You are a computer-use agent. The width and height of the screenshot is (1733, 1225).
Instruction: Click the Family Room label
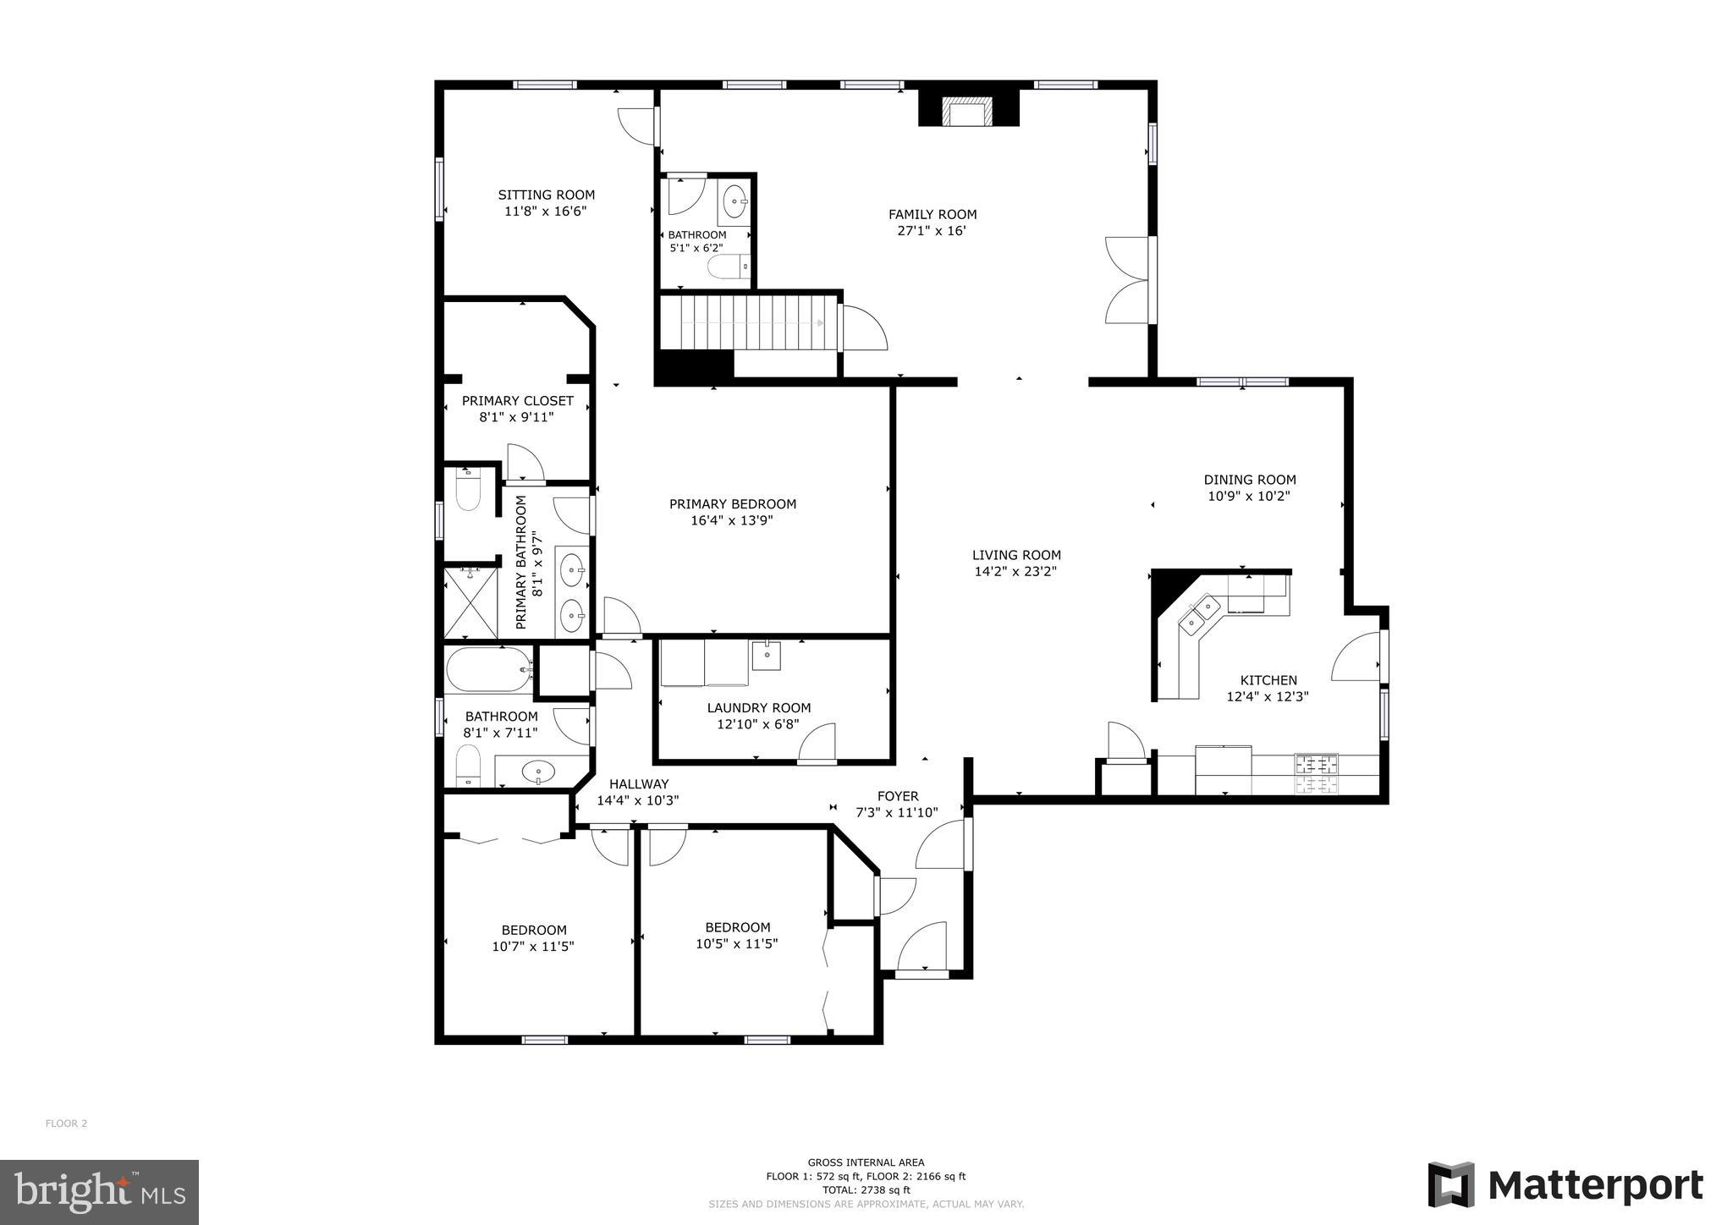click(x=932, y=215)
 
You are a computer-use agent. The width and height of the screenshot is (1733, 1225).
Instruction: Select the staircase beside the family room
click(x=750, y=322)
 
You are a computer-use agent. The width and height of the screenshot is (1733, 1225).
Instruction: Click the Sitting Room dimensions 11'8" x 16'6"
click(x=546, y=211)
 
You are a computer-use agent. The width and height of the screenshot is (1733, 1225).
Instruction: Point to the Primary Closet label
click(x=517, y=401)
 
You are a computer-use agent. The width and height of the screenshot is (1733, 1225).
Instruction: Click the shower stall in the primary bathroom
click(x=470, y=602)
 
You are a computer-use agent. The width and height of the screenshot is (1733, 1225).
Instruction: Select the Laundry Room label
click(x=758, y=708)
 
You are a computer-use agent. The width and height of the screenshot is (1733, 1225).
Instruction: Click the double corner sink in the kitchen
click(x=1199, y=615)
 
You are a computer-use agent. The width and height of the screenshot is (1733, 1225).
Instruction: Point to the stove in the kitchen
click(x=1316, y=774)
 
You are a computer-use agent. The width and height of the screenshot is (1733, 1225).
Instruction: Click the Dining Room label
click(x=1249, y=480)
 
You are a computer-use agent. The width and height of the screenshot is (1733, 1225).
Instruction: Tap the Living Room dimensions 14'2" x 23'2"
click(x=1015, y=572)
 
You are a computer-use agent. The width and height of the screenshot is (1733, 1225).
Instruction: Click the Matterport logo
click(x=1565, y=1185)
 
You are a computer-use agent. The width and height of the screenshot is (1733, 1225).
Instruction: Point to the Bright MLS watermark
click(x=99, y=1192)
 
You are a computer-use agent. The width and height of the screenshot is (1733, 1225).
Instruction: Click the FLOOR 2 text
click(x=66, y=1123)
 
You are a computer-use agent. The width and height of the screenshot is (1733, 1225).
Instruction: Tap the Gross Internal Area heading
click(x=865, y=1162)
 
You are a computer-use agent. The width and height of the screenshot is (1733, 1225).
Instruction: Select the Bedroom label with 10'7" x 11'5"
click(x=533, y=930)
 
